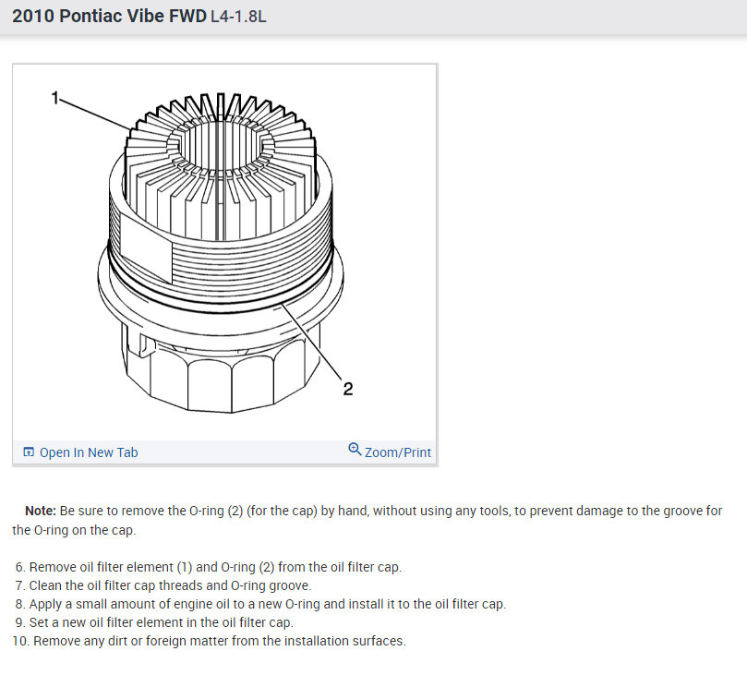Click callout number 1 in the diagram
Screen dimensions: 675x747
coord(55,96)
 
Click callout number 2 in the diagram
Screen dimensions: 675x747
coord(348,389)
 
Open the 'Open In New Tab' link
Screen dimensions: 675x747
coord(89,452)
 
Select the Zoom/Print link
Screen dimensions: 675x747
coord(398,452)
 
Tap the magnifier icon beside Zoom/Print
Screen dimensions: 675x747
coord(355,450)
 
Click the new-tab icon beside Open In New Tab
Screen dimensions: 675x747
coord(29,452)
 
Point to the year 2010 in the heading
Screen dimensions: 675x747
coord(34,17)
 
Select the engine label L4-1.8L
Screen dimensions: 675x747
coord(240,18)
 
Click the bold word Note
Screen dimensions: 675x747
coord(40,511)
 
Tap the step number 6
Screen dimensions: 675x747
coord(19,567)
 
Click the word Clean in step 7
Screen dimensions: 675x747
coord(48,585)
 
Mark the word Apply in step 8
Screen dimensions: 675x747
coord(48,604)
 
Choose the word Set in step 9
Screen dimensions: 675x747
coord(40,622)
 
